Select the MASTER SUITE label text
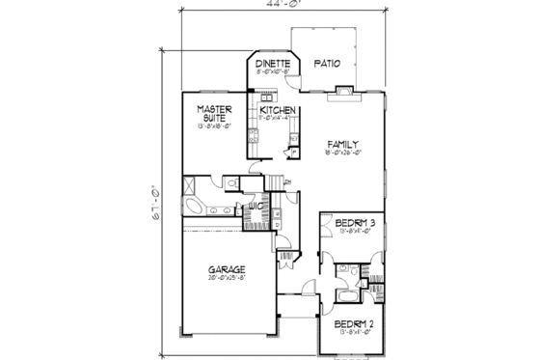click(x=212, y=115)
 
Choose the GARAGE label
click(x=224, y=269)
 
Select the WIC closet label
click(x=256, y=206)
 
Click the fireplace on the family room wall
click(x=344, y=93)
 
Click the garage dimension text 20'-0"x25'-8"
click(x=224, y=279)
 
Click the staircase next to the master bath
click(x=277, y=182)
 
